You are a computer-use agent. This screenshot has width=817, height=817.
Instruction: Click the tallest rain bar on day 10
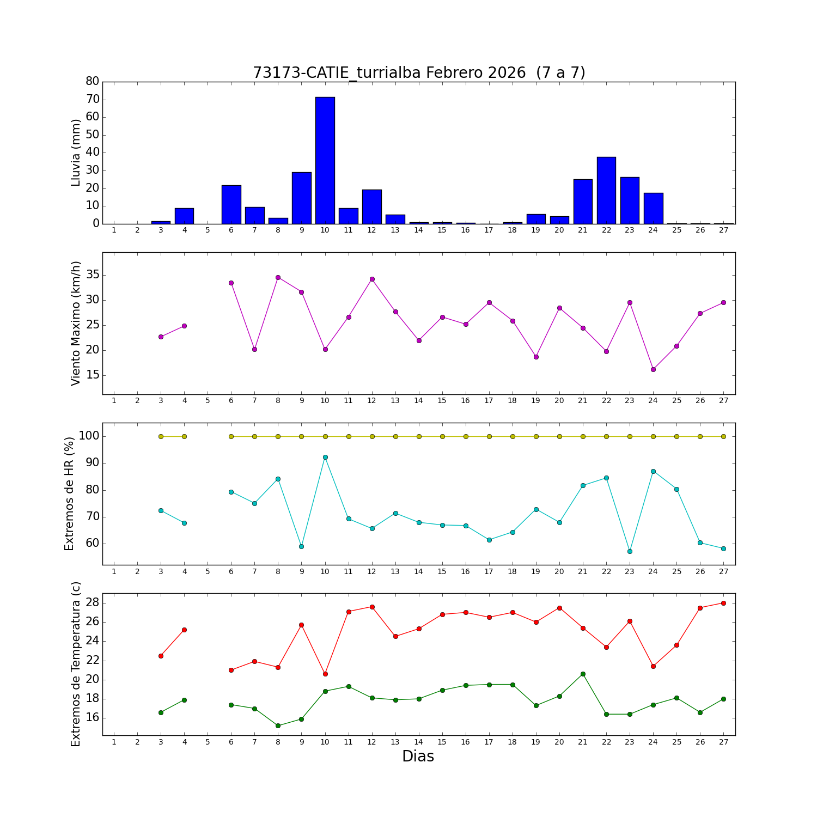click(x=325, y=161)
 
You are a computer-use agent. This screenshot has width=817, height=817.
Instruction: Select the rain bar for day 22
click(x=606, y=190)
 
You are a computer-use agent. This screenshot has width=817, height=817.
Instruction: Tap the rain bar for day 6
click(x=231, y=205)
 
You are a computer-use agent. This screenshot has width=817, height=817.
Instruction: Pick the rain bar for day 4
click(x=184, y=216)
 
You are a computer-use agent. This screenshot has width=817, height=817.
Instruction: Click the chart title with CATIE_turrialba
click(x=419, y=72)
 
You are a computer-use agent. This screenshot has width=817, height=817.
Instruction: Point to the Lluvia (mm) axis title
click(x=76, y=153)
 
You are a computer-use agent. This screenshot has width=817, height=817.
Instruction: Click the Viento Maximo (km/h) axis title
click(x=76, y=323)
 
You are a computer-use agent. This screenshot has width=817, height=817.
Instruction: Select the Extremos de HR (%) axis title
click(x=69, y=493)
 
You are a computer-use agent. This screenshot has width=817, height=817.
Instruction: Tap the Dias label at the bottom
click(x=418, y=757)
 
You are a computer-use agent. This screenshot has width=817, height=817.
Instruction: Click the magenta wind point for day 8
click(x=278, y=277)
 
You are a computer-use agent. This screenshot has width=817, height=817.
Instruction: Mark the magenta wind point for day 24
click(x=653, y=369)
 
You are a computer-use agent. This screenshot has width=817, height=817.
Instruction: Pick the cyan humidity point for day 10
click(x=325, y=457)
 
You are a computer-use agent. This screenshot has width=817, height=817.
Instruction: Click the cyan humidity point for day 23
click(x=630, y=551)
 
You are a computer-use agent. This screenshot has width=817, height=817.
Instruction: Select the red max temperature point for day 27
click(x=723, y=603)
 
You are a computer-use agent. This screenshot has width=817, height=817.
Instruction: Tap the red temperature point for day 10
click(x=325, y=674)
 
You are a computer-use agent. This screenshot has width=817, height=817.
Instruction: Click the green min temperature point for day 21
click(x=583, y=674)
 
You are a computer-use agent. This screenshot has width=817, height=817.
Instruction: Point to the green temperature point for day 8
click(x=278, y=725)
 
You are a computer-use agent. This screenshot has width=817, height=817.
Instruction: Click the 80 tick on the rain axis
click(x=93, y=81)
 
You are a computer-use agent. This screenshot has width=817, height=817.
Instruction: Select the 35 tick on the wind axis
click(x=93, y=275)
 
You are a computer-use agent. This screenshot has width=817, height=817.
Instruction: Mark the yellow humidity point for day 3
click(x=161, y=436)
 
